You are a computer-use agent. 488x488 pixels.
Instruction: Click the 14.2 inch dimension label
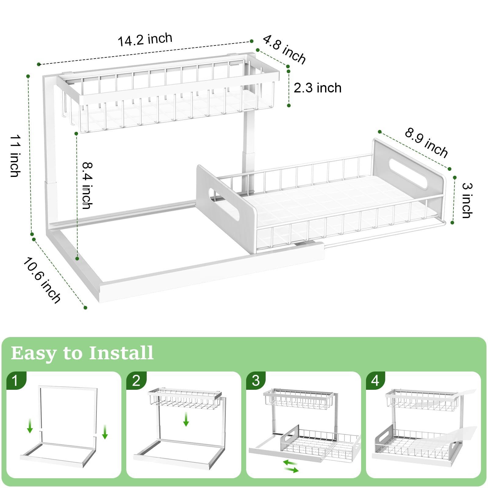[x=145, y=40]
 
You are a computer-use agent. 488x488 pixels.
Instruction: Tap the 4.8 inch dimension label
[x=284, y=49]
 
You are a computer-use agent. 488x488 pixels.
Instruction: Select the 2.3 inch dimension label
[x=317, y=88]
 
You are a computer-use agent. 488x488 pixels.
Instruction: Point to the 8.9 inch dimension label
[x=426, y=143]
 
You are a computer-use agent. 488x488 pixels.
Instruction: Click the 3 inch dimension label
[x=467, y=200]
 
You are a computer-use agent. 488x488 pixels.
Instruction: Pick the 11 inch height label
[x=15, y=156]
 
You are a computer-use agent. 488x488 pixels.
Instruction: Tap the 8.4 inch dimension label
[x=87, y=185]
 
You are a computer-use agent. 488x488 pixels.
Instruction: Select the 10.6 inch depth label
[x=42, y=280]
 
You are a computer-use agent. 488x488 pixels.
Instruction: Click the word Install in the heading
[x=121, y=353]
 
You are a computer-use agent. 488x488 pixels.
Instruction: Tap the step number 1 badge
[x=15, y=380]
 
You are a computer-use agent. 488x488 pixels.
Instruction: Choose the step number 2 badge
[x=136, y=380]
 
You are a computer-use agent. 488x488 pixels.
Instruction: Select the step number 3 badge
[x=256, y=380]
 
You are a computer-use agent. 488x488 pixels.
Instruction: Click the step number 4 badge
[x=375, y=380]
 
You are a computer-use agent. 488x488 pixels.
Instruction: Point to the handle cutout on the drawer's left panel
[x=224, y=204]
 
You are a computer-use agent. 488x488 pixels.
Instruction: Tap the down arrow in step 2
[x=186, y=419]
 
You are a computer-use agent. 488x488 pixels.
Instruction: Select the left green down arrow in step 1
[x=30, y=426]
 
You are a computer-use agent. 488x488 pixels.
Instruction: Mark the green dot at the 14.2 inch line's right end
[x=252, y=41]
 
